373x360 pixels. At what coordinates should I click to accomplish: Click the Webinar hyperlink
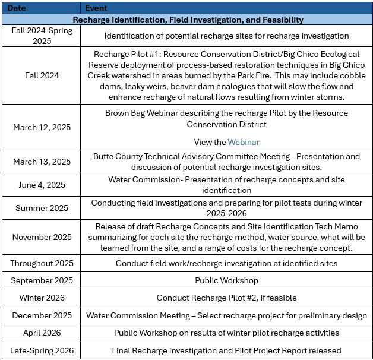pos(244,143)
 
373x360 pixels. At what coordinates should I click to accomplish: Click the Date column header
pos(16,8)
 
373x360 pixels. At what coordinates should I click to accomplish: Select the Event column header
pos(97,8)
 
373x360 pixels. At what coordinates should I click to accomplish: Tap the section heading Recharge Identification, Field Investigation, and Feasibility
pos(188,20)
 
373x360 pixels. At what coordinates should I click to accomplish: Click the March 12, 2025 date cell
pos(42,127)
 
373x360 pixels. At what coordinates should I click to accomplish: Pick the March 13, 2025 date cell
pos(42,162)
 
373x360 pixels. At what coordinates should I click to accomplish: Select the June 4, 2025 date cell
pos(42,185)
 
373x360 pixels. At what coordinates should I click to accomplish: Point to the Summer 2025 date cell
pos(42,208)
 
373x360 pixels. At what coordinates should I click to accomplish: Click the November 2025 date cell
pos(42,237)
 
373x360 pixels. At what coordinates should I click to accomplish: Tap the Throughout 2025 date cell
pos(42,263)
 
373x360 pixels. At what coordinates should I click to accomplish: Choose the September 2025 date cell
pos(42,280)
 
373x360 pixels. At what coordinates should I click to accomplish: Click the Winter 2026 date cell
pos(42,298)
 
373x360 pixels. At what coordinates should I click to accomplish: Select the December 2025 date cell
pos(42,315)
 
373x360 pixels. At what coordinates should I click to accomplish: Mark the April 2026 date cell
pos(42,333)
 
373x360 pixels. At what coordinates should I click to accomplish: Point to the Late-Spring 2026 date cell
pos(42,350)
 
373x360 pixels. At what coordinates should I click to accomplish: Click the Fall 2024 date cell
pos(42,75)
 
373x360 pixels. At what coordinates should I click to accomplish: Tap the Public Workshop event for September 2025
pos(226,280)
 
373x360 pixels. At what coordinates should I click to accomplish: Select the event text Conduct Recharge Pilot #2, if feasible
pos(226,298)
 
